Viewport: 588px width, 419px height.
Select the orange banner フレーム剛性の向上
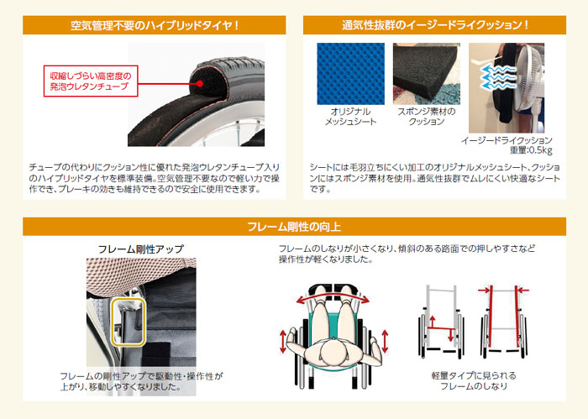294,227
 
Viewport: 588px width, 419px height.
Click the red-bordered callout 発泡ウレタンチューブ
90,81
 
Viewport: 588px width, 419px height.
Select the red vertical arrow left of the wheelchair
283,343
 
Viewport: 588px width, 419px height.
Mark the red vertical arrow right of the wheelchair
386,342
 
